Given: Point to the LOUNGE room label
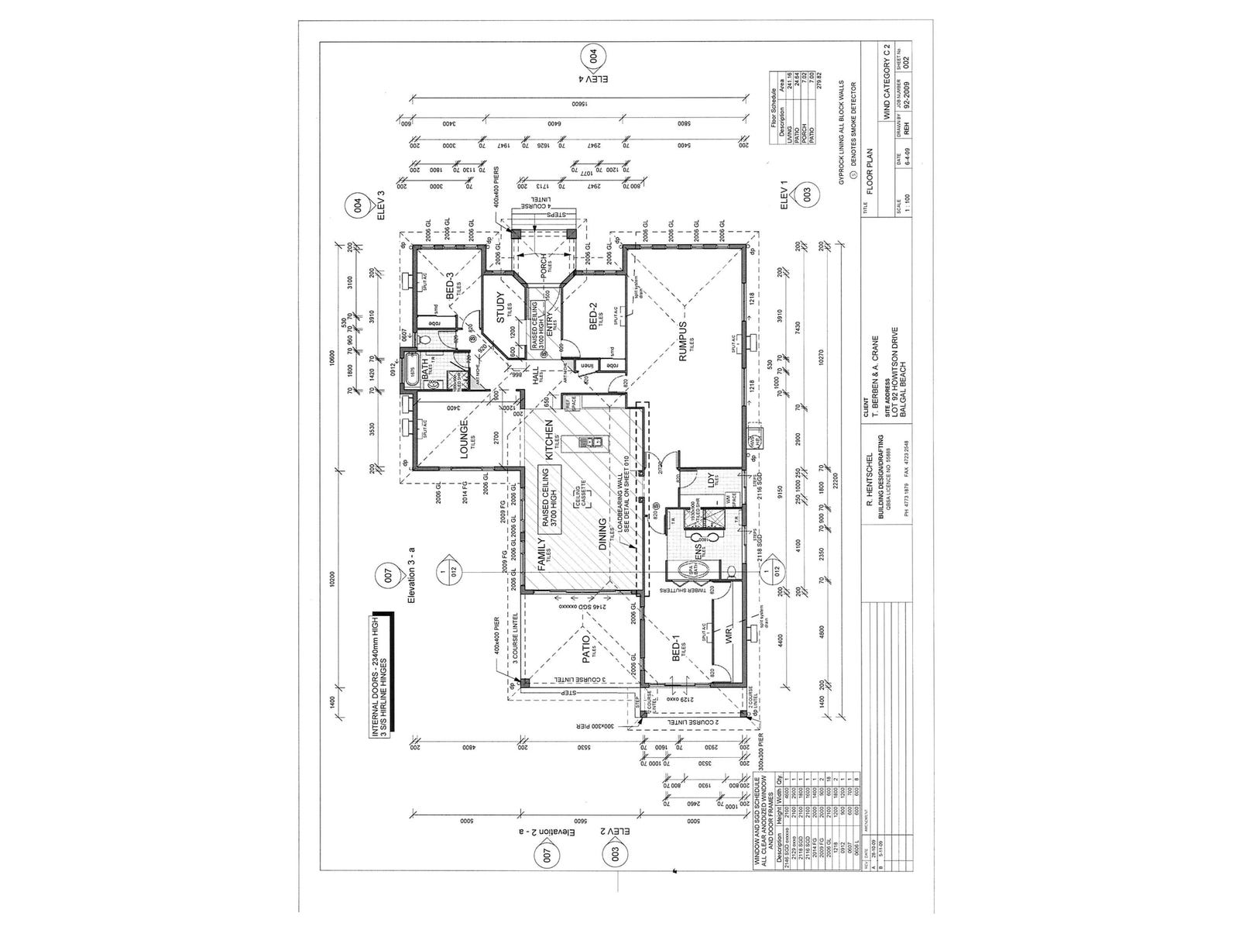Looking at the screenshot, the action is click(x=464, y=439).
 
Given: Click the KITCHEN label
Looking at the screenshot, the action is click(x=549, y=441).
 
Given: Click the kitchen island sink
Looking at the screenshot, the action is click(x=594, y=443).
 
